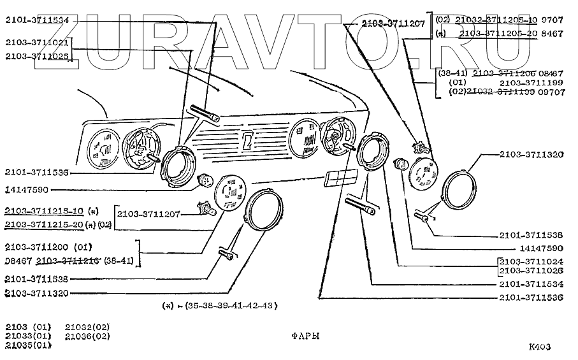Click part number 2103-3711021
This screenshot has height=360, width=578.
(x=36, y=43)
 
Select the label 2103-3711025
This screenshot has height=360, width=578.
(x=36, y=55)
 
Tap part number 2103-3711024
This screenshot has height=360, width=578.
(x=531, y=261)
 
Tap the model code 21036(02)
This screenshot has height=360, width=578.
(x=87, y=336)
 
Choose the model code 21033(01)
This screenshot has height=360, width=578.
(x=26, y=336)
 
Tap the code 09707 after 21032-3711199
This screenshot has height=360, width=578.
(x=550, y=92)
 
